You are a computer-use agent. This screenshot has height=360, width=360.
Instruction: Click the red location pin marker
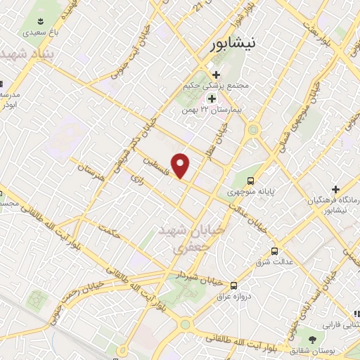(181, 165)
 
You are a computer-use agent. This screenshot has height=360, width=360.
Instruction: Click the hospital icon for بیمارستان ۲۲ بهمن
(211, 99)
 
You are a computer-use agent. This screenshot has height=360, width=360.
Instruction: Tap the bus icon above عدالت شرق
(274, 250)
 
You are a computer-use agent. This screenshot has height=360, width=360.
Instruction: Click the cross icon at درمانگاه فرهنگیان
(336, 189)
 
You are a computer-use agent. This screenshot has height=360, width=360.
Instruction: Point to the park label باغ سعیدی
(34, 32)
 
